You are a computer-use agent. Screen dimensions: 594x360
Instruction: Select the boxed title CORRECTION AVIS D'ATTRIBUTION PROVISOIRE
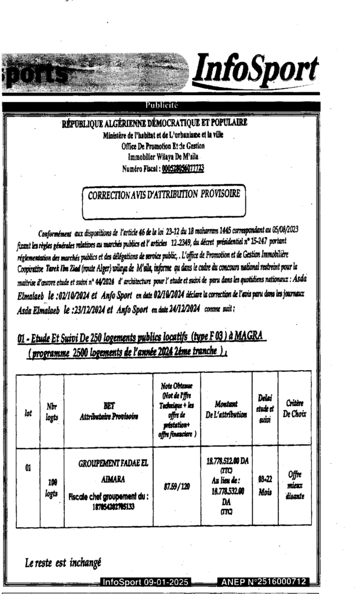coord(164,197)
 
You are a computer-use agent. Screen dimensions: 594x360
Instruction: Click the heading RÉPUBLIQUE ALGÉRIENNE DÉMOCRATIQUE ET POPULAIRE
coord(155,122)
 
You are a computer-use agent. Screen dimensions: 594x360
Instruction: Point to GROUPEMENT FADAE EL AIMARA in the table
coord(109,470)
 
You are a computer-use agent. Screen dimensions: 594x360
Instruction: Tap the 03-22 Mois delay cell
coord(265,484)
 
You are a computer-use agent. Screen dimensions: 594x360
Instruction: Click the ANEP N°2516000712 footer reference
coord(264,582)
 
